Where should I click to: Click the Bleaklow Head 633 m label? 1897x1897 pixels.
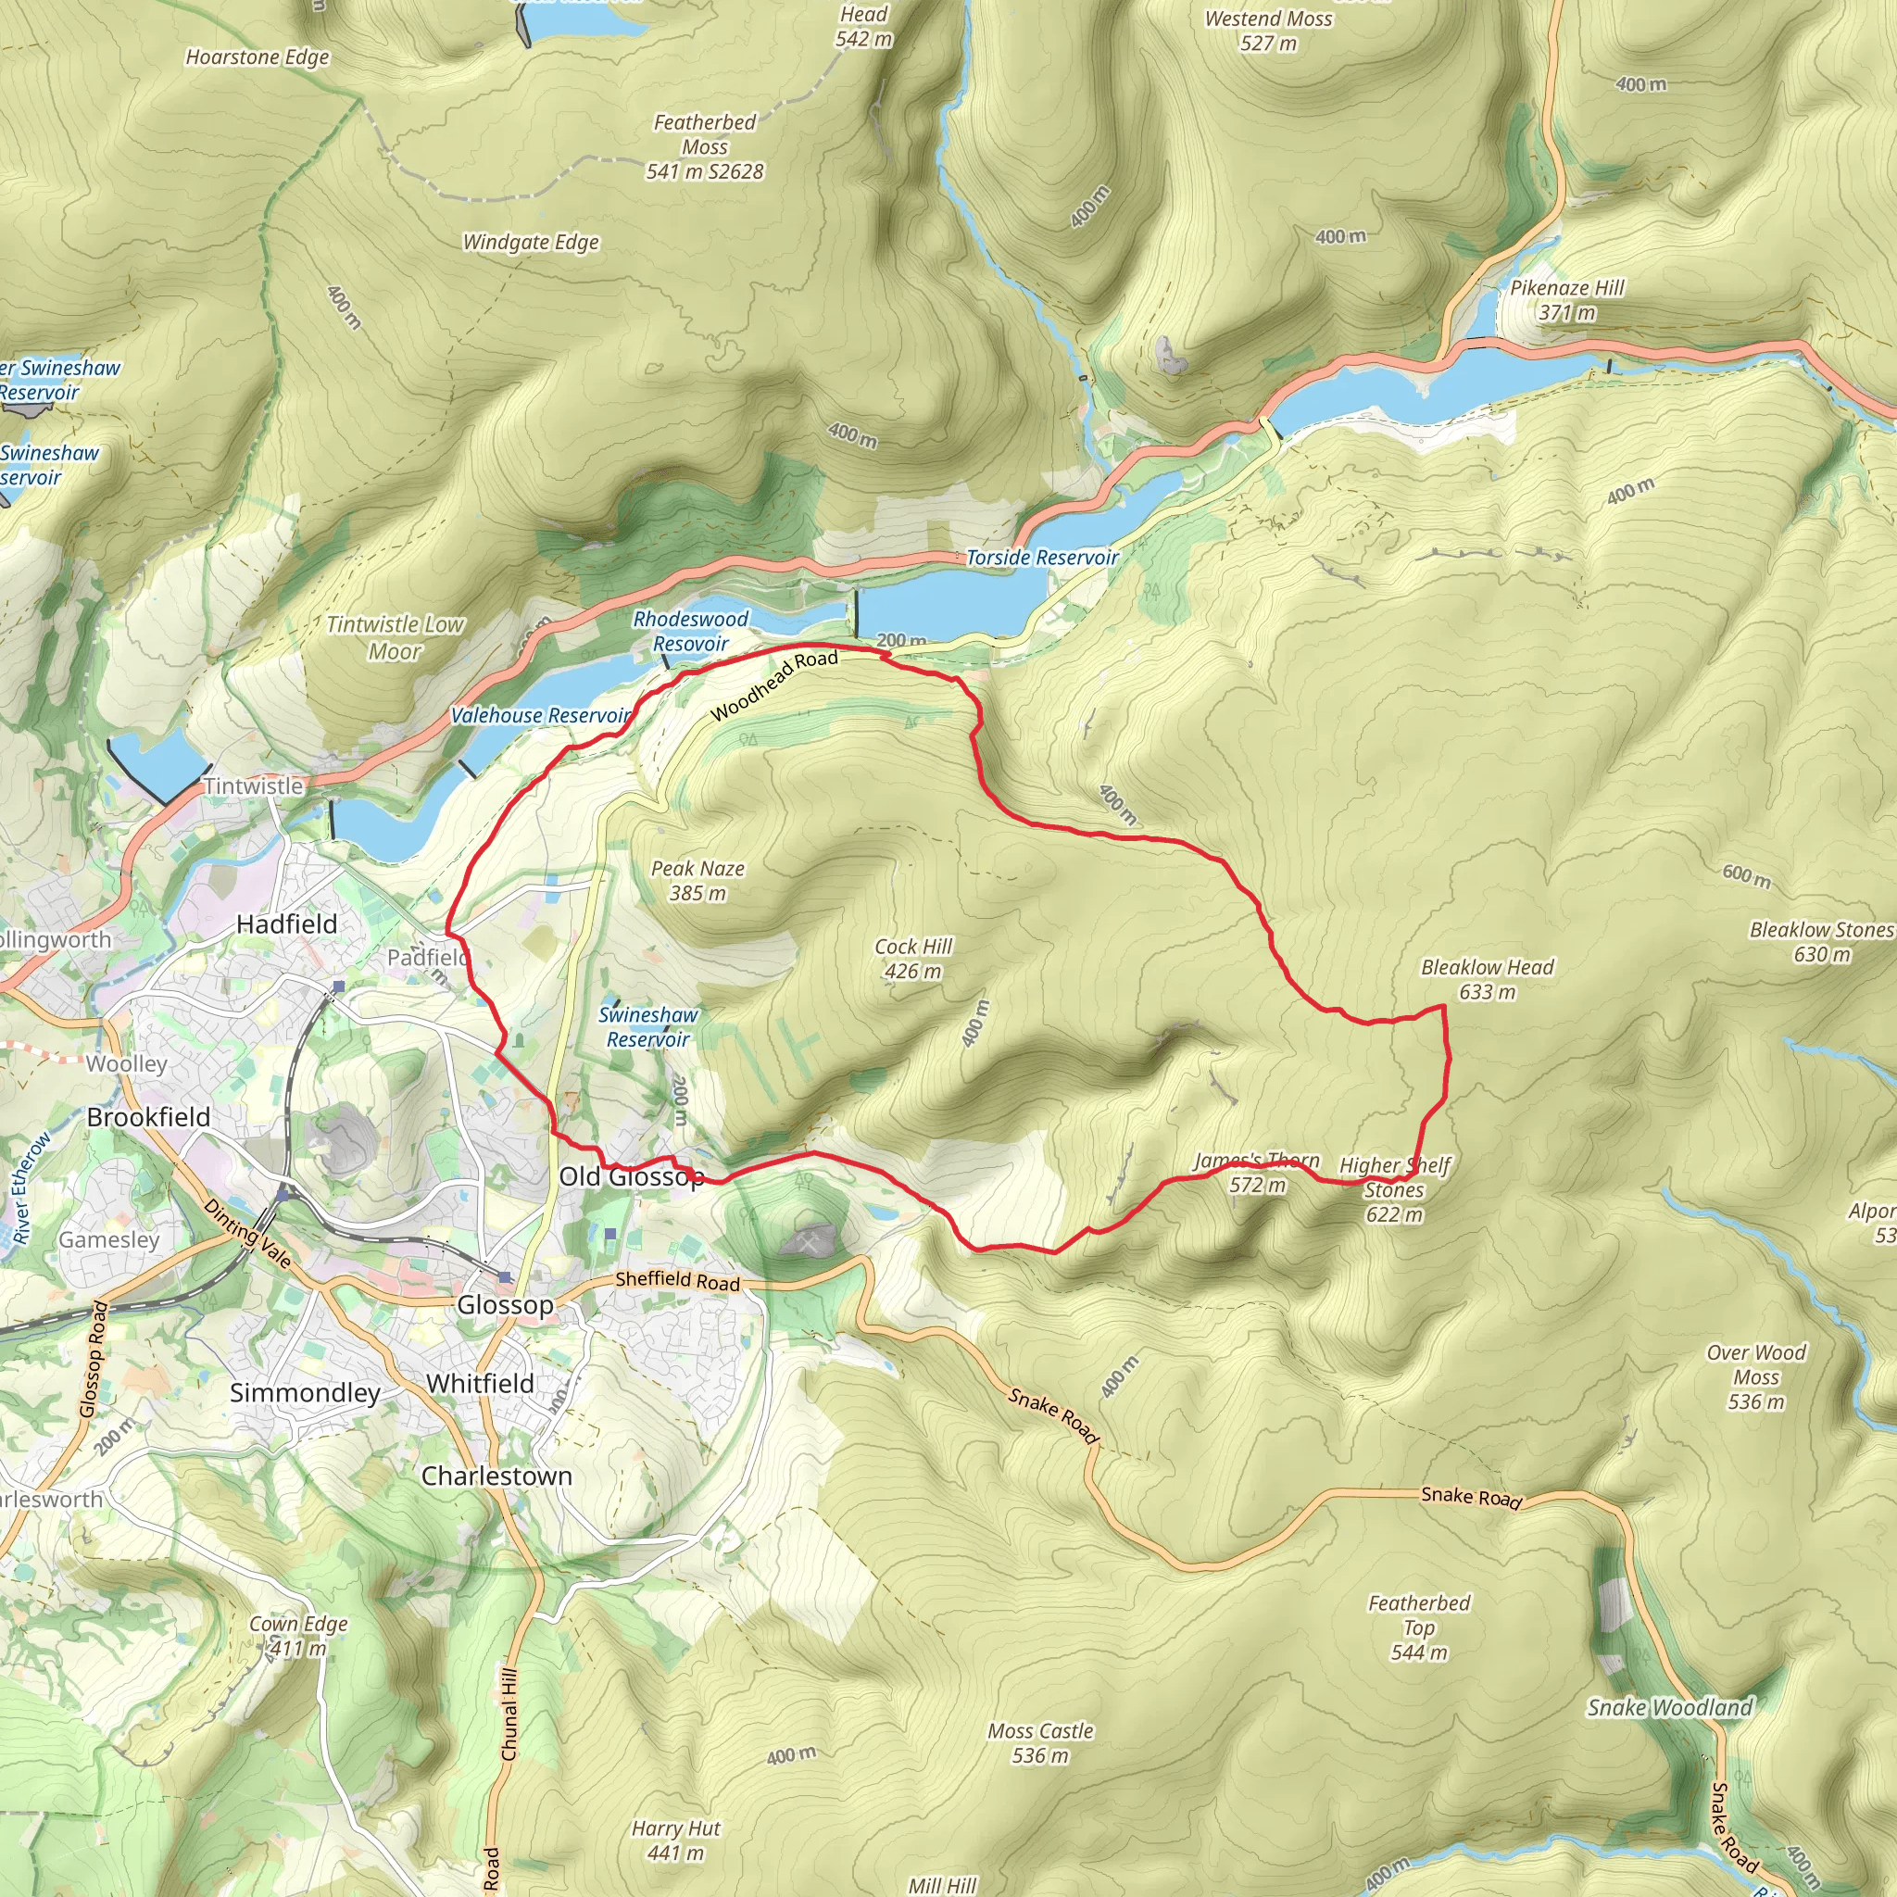1487,979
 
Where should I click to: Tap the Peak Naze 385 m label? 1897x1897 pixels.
697,881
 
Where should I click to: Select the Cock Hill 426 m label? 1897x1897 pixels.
913,959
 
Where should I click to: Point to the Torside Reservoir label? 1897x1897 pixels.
1042,558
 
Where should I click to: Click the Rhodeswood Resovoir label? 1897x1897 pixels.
690,632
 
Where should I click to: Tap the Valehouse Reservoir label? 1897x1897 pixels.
540,716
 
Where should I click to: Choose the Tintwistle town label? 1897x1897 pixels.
253,785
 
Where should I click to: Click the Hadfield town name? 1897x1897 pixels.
287,923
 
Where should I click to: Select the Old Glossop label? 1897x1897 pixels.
631,1176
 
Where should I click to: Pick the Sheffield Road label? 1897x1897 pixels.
677,1280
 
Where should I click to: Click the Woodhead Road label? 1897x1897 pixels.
773,685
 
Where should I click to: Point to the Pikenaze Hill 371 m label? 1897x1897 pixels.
1567,300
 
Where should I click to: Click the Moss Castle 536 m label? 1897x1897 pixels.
1040,1743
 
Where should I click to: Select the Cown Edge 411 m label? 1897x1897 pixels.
298,1636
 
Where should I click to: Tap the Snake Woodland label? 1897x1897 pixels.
1669,1707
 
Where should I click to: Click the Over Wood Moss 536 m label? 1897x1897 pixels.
1755,1376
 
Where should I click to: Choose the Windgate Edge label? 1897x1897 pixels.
530,243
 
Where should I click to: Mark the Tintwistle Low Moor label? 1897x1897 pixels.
395,637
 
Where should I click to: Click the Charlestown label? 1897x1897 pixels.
496,1476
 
